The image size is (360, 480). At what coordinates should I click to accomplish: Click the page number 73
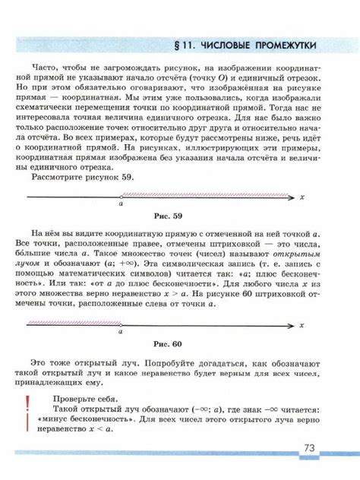tap(309, 448)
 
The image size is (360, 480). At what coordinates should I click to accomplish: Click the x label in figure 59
tap(302, 197)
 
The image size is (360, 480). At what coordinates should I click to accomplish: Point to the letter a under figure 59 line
tap(121, 204)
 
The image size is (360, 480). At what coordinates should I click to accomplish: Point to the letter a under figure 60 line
tap(120, 332)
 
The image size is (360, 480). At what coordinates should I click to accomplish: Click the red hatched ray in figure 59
tap(205, 195)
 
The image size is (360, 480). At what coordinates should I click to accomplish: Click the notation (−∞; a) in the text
tap(207, 407)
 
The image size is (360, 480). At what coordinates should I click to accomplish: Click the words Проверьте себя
tap(81, 397)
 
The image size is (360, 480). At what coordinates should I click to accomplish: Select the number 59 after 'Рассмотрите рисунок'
tap(127, 177)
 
